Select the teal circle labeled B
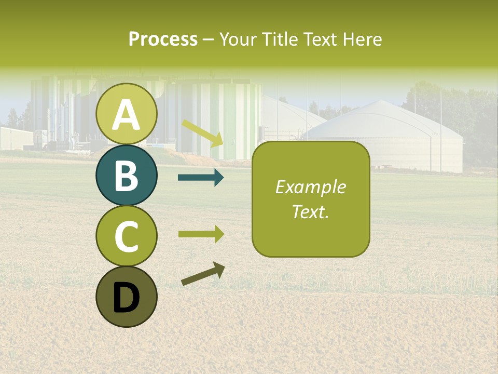(127, 176)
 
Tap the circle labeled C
(127, 236)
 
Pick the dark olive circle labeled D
(127, 297)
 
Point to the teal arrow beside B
(201, 178)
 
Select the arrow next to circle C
(201, 234)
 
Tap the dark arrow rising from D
(203, 274)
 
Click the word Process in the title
(163, 39)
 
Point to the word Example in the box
(310, 187)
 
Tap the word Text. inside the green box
(310, 211)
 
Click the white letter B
(127, 176)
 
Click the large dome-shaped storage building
(386, 136)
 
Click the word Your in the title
(238, 39)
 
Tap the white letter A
(127, 115)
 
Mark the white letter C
(127, 237)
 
